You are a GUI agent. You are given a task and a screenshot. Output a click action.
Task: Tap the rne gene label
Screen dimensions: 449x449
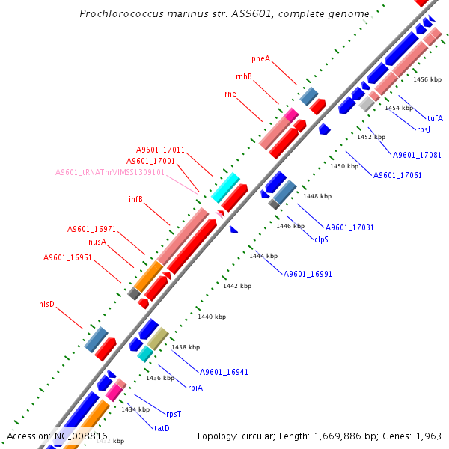(230, 94)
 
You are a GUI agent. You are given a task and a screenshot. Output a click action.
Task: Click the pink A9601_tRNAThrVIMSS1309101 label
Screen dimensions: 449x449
(110, 172)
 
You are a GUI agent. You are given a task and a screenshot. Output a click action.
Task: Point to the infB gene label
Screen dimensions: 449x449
(135, 199)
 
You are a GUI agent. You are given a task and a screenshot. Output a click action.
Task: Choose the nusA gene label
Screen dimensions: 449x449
(97, 242)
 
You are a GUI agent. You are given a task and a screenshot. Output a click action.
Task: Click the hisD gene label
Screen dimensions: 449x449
(47, 304)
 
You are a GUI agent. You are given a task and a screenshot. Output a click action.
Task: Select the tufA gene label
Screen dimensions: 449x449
(435, 118)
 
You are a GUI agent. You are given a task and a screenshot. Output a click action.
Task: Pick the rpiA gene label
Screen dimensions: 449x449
(195, 387)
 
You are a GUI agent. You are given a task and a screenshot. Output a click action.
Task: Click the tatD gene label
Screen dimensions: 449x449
(162, 428)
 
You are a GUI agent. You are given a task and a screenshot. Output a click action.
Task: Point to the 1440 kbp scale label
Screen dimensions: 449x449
(211, 317)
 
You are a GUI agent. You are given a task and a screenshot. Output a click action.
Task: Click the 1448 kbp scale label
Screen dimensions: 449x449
(317, 196)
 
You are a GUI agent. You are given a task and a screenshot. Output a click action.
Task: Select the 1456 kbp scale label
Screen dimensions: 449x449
(427, 79)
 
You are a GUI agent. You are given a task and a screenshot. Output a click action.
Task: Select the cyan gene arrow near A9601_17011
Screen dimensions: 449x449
(224, 187)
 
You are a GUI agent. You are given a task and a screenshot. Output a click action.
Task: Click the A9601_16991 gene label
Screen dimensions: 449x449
(308, 274)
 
